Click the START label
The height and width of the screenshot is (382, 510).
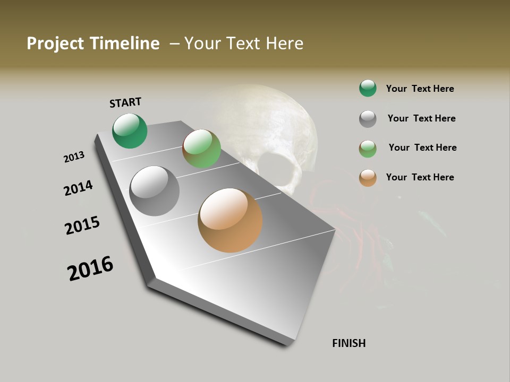(125, 102)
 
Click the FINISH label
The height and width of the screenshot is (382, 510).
(348, 343)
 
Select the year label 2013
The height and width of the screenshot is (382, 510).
(74, 157)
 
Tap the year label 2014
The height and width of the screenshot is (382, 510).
(78, 188)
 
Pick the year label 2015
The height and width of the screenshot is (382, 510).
(82, 225)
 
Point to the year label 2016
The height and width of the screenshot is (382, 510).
(90, 268)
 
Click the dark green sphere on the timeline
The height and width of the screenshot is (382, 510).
(130, 131)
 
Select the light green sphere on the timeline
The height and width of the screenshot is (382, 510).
(201, 149)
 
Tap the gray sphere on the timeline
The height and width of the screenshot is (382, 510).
(155, 191)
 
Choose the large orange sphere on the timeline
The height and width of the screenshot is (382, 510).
(230, 220)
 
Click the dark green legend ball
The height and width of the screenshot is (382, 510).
(368, 88)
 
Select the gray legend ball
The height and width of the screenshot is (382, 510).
(368, 119)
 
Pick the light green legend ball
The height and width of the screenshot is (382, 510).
(368, 149)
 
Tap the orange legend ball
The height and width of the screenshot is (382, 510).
(368, 178)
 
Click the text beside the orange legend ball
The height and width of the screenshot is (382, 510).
(420, 177)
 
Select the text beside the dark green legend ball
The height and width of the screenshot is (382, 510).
(420, 89)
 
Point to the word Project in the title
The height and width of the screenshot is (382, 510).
(55, 44)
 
